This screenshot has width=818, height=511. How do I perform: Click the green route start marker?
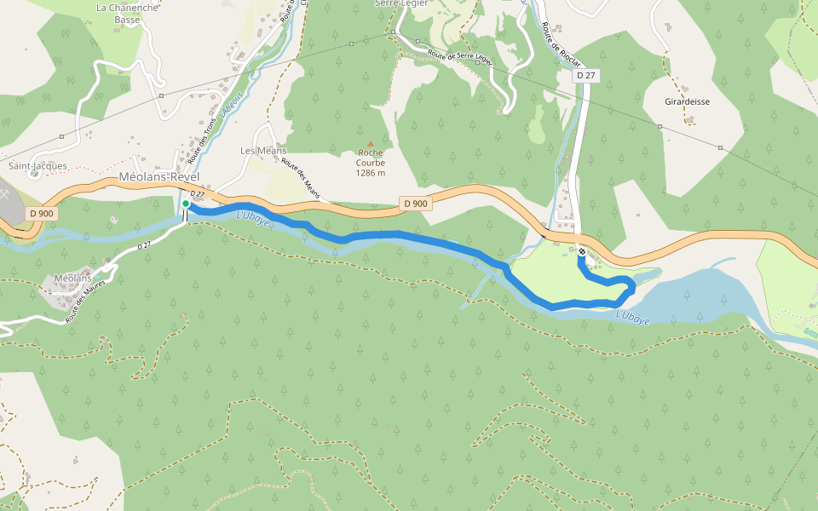coord(186,204)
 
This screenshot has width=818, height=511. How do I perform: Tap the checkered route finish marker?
coord(581,251)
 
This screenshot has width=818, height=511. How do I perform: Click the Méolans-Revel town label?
coord(159,176)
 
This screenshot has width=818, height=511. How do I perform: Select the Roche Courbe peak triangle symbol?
coord(370,143)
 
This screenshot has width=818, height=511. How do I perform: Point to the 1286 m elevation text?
coord(371,173)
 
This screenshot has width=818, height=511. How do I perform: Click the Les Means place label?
coord(263,151)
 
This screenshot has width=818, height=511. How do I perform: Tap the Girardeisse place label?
coord(688,100)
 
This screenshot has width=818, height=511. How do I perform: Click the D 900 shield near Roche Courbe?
coord(414,204)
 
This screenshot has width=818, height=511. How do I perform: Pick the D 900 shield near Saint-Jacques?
coord(40,213)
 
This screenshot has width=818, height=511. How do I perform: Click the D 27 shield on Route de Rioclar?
coord(585,76)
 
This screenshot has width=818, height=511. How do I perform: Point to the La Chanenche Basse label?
coord(127,14)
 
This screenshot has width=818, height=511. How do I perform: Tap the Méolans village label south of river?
coord(72,278)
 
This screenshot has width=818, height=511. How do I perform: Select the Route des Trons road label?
coord(204,141)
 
